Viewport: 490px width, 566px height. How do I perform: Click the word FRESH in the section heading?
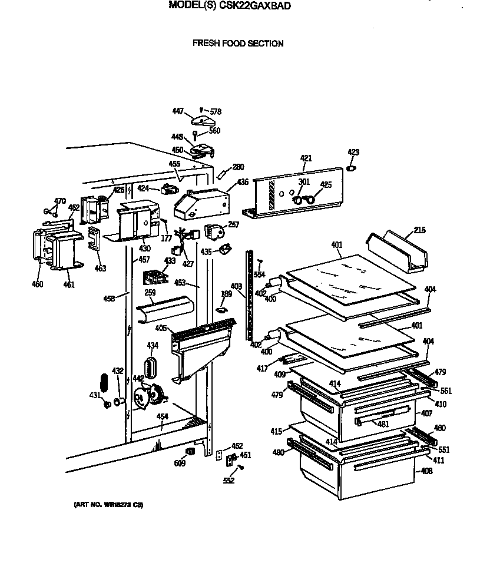(205, 44)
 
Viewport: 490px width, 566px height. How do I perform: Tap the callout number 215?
(419, 230)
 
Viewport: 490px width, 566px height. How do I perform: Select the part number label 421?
(306, 158)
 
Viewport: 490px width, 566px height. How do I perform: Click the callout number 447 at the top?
(178, 111)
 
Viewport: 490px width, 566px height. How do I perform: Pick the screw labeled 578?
(202, 110)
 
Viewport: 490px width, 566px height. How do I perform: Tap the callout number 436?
(243, 183)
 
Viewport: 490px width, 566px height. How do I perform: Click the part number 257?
(233, 224)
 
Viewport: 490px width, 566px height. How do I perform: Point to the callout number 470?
(59, 201)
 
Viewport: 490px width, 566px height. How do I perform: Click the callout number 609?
(179, 464)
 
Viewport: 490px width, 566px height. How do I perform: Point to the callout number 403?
(236, 287)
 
